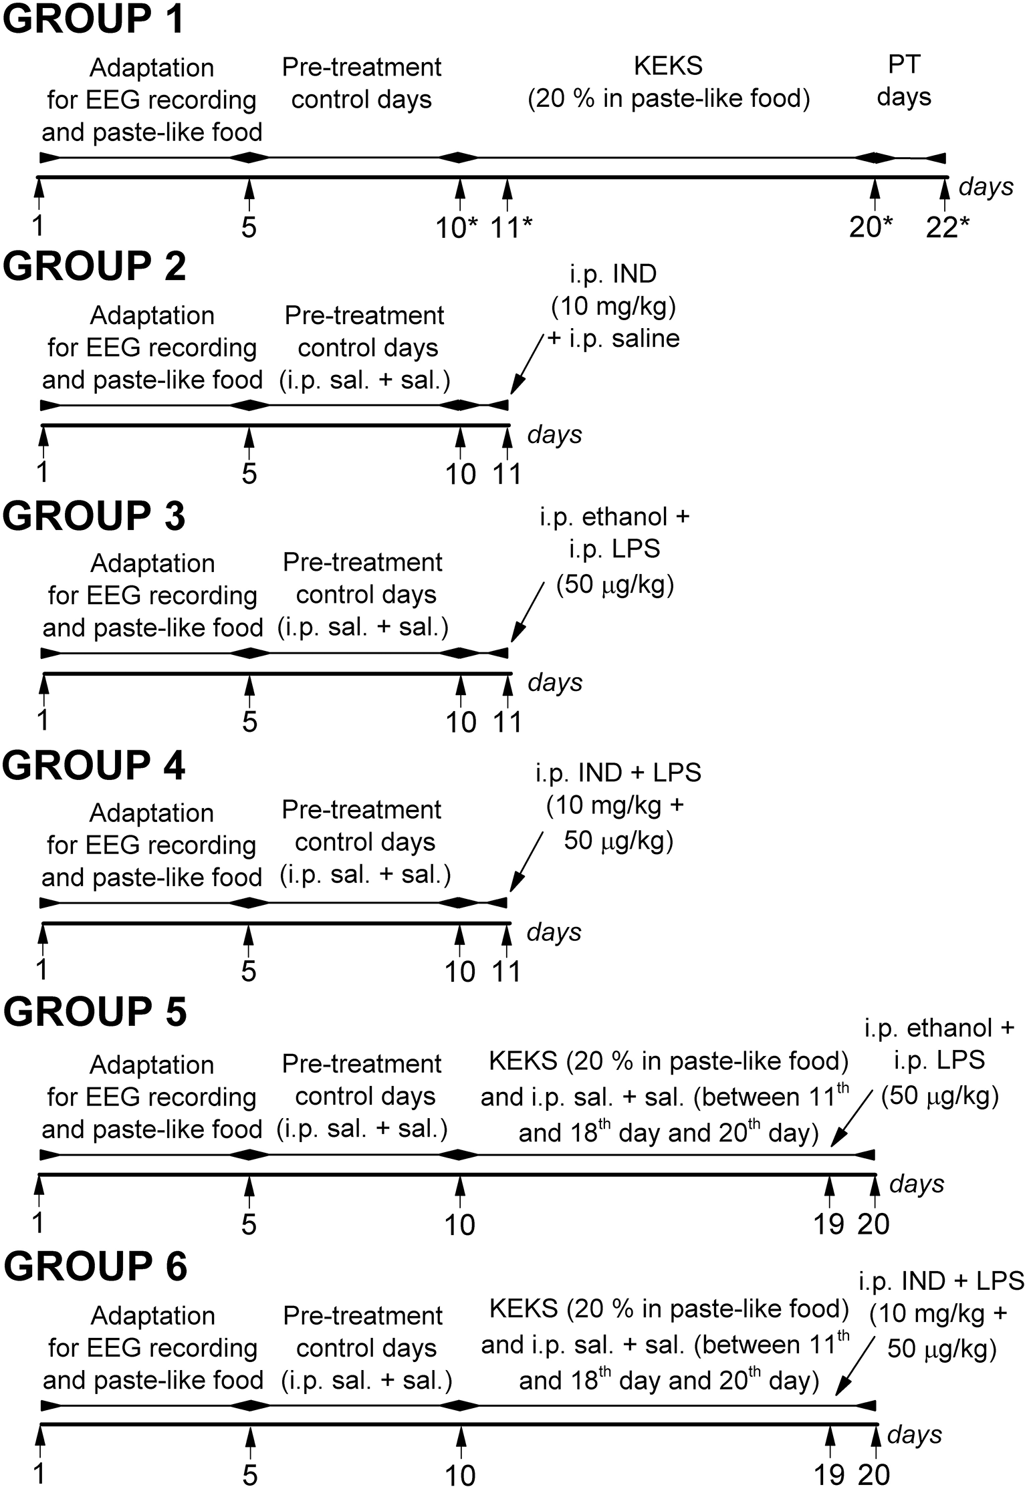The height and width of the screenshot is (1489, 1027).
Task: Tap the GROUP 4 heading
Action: [94, 765]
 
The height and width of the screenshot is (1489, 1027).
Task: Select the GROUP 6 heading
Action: [96, 1265]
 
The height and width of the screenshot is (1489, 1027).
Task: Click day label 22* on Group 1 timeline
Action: [947, 228]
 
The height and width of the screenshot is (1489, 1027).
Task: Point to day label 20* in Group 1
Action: [871, 228]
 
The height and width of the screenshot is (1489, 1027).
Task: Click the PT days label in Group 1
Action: [904, 82]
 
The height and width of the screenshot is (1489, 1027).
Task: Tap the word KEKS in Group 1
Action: [668, 66]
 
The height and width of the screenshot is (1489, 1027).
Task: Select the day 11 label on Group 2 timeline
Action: [507, 474]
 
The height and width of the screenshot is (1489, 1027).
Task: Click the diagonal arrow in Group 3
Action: [528, 612]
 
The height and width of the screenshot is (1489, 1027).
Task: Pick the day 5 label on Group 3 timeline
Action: [249, 722]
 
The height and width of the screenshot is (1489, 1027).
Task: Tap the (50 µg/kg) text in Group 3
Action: [615, 585]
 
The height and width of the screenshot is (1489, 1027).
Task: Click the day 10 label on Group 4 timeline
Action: [460, 972]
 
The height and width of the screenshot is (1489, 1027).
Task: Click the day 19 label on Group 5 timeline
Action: [829, 1224]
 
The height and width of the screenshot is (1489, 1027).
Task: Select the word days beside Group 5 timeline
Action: [917, 1184]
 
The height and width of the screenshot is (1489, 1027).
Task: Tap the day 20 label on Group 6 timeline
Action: [874, 1475]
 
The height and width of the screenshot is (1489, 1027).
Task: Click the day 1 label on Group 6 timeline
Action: [40, 1474]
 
